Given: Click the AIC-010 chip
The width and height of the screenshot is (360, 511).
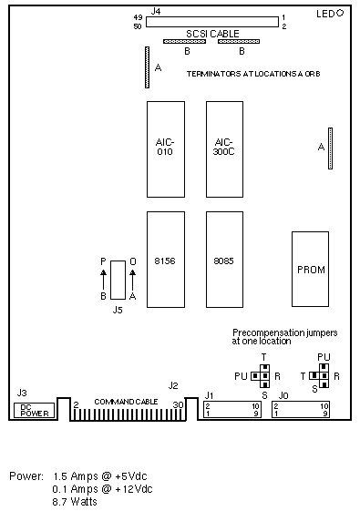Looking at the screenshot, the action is tap(166, 149).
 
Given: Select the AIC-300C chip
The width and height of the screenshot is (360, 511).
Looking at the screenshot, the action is tap(224, 149).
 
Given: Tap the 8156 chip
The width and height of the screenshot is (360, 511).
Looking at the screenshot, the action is tap(166, 260).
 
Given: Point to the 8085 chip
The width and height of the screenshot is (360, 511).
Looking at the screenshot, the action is tap(224, 260).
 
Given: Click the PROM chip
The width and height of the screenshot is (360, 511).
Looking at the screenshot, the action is tap(310, 270).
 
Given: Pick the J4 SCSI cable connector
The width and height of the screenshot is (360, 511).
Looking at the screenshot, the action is tap(212, 22).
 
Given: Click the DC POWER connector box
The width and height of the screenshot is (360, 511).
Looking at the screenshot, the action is tap(35, 410).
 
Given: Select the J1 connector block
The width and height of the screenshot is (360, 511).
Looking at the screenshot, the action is tap(232, 410).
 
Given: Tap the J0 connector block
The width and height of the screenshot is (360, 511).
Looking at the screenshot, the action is tap(301, 410).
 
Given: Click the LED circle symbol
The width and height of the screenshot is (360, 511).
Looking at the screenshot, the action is tap(340, 13).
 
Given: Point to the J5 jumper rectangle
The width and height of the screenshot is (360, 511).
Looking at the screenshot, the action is tap(118, 280).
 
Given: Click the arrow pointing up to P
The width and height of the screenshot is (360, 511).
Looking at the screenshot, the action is tap(103, 280).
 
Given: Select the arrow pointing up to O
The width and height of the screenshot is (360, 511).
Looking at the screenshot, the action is tap(133, 280).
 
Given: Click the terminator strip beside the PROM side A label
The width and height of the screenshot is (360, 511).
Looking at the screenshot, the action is tap(330, 148).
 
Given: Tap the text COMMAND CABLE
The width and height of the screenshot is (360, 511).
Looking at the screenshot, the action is tap(126, 402).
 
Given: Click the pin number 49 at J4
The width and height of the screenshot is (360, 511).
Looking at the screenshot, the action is tap(138, 17).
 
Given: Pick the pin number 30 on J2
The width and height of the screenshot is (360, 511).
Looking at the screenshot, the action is tap(178, 404).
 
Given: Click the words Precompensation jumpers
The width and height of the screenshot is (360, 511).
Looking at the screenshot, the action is tap(284, 332).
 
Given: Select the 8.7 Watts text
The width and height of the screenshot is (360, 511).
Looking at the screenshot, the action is tap(75, 501).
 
